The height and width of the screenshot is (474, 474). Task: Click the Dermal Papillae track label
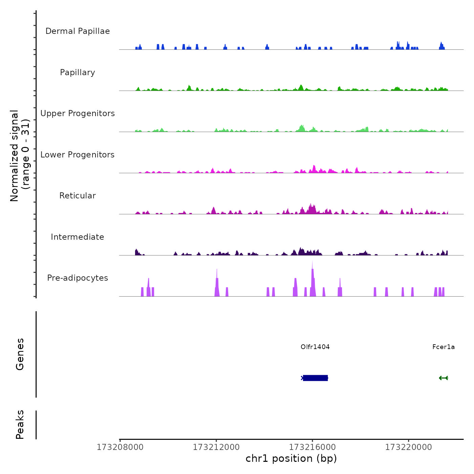point(78,31)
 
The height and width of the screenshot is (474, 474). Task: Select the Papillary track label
point(78,72)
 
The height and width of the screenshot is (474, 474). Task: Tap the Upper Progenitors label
point(78,113)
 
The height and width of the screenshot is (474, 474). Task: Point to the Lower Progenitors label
point(78,155)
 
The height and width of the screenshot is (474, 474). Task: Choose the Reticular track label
point(78,196)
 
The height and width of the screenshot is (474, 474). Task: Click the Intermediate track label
point(78,237)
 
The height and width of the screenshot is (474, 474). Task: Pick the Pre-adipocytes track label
point(78,278)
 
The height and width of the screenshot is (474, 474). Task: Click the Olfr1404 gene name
point(315,347)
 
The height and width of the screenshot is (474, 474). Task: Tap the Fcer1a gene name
point(443,347)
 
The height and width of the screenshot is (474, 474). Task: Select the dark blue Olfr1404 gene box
point(315,378)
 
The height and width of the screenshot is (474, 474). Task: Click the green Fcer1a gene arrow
point(443,378)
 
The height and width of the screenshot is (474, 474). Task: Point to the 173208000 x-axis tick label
point(120,447)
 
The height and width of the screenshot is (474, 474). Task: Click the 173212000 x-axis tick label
point(216,447)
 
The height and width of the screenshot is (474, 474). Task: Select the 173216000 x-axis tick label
point(312,447)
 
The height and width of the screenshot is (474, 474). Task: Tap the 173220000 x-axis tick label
point(408,447)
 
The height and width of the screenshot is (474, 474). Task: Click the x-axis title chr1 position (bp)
point(291,458)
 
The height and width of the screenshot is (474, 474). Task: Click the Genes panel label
point(20,354)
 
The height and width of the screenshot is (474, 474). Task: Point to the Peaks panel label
point(20,425)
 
